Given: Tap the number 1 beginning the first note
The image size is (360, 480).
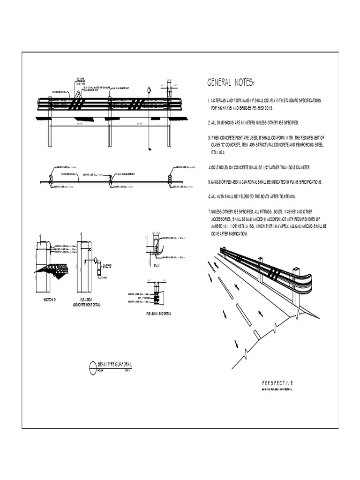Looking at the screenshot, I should [x=209, y=101].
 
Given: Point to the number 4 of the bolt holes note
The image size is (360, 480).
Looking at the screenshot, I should [x=210, y=167].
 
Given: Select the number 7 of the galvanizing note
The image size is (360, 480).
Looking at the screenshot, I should [x=209, y=211].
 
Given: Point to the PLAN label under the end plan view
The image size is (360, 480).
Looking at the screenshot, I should [x=157, y=265].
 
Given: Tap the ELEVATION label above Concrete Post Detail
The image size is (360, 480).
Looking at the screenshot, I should [x=86, y=300].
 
